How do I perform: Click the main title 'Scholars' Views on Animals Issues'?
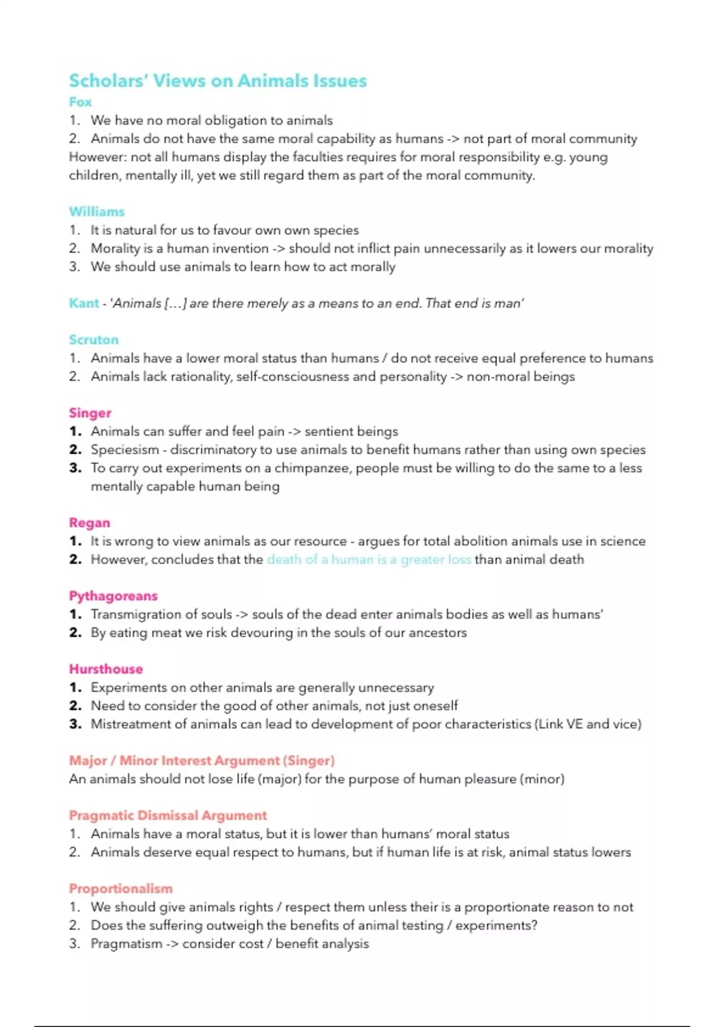[x=217, y=81]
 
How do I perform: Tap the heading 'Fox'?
[x=80, y=102]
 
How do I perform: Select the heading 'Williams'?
[x=97, y=211]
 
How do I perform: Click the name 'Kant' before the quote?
[x=83, y=303]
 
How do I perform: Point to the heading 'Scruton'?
[x=94, y=340]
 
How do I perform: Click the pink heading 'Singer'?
[x=90, y=413]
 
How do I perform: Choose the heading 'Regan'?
[x=89, y=523]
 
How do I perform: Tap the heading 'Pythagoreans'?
[x=113, y=596]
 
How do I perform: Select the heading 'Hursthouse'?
[x=106, y=669]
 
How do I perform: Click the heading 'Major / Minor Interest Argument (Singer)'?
[x=201, y=761]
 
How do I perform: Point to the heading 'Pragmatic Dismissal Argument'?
[x=167, y=816]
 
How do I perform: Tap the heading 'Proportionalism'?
[x=120, y=889]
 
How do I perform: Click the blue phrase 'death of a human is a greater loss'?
[x=369, y=559]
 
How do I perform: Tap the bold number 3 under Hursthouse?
[x=75, y=724]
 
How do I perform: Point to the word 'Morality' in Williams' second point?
[x=115, y=248]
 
